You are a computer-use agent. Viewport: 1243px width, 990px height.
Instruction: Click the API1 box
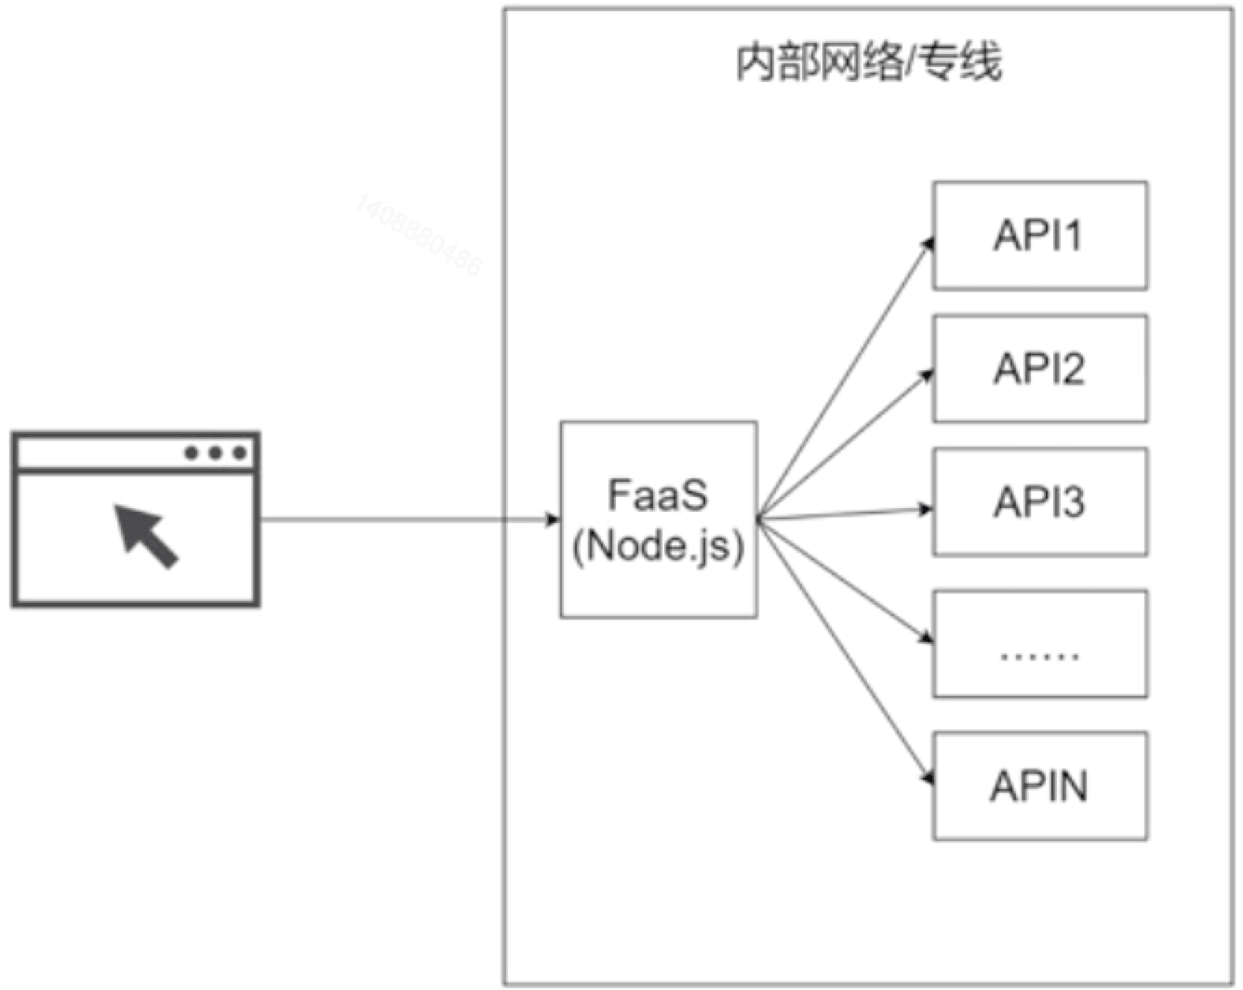click(1039, 235)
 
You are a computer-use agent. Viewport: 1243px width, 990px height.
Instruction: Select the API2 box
click(1039, 368)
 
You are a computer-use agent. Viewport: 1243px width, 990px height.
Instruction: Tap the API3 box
click(1039, 502)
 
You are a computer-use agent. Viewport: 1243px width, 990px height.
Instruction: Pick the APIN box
click(1039, 786)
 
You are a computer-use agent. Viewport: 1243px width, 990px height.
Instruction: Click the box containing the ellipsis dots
click(1039, 644)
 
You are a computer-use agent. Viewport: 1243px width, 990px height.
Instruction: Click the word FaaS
click(658, 495)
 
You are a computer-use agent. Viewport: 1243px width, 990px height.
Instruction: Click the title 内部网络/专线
click(868, 63)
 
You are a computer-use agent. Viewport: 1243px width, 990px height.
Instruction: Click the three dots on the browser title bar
click(216, 453)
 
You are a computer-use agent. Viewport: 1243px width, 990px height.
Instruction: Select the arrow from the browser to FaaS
click(409, 519)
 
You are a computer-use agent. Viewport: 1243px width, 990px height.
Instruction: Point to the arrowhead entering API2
click(927, 375)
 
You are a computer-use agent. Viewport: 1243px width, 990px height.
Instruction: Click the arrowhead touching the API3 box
click(926, 509)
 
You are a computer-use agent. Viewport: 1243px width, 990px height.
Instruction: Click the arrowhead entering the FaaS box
click(554, 519)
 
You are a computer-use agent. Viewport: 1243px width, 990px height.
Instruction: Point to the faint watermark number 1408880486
click(419, 234)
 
